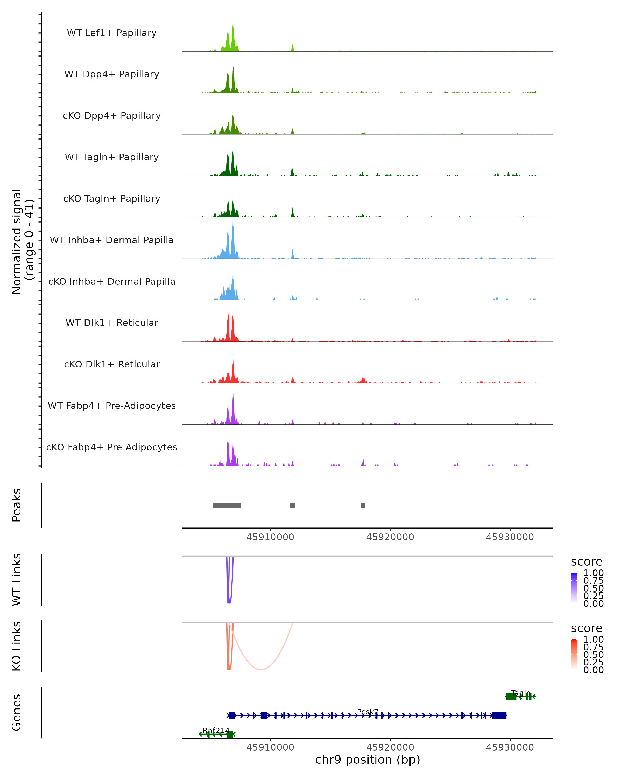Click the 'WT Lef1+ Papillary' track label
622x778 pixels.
point(112,33)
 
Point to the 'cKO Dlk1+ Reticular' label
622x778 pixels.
point(112,364)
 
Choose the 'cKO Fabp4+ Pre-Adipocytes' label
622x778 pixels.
point(112,447)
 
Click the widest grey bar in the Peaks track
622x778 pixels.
point(227,505)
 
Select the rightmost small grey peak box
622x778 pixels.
point(363,505)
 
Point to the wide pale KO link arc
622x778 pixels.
point(261,669)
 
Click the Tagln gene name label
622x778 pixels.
point(521,693)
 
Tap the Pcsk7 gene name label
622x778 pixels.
point(367,712)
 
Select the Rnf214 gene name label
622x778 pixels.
point(216,730)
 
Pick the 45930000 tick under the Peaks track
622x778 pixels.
point(510,537)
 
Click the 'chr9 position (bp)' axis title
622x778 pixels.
point(367,760)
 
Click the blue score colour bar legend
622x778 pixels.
point(574,587)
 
